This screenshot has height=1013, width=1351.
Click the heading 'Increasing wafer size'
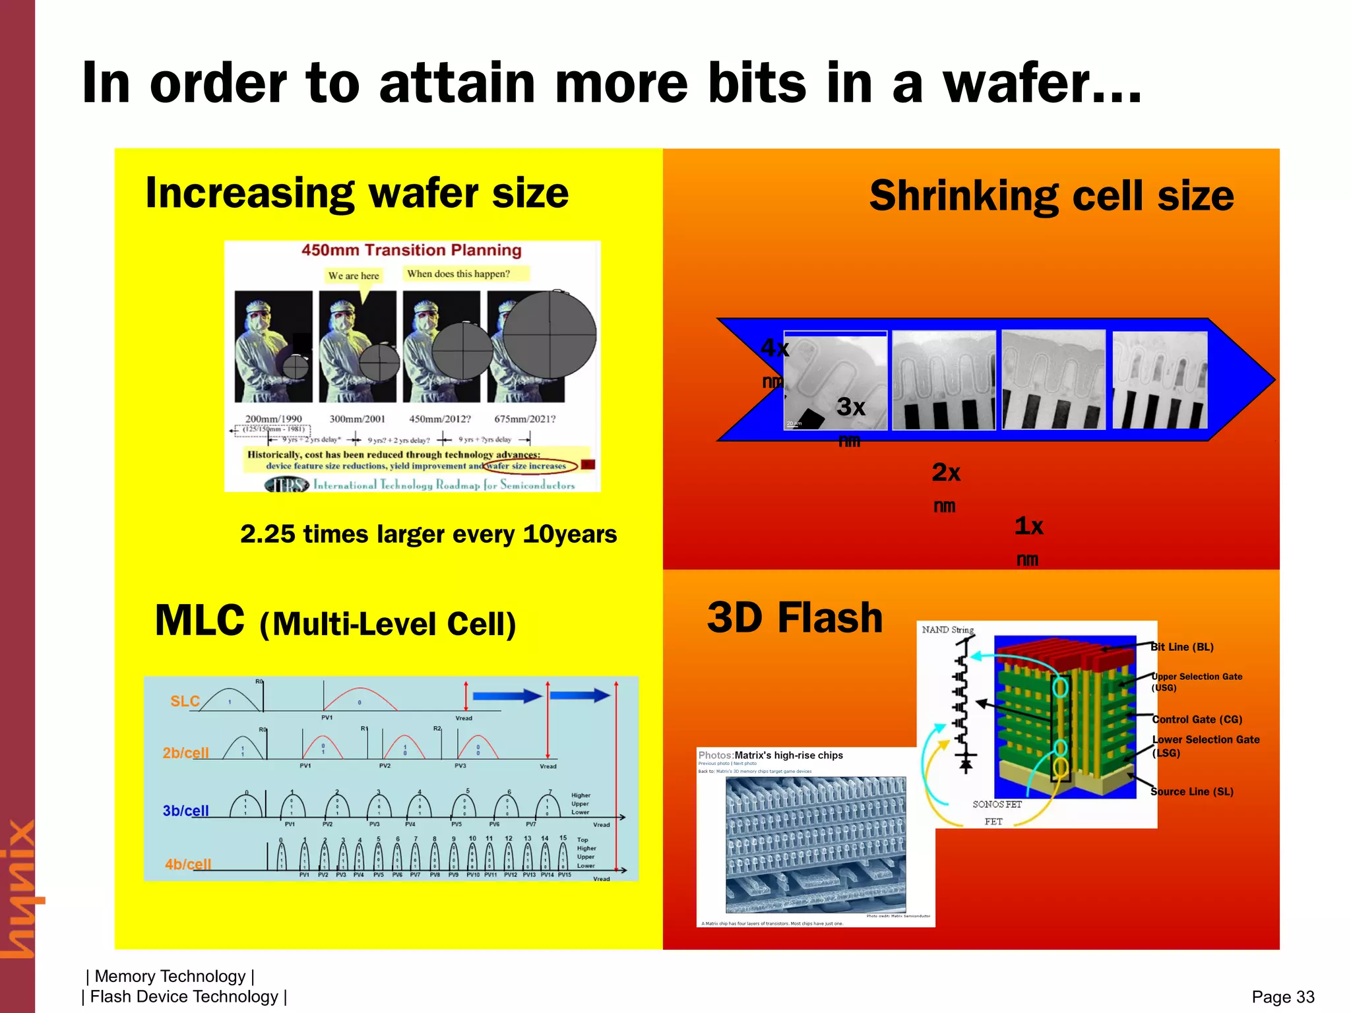click(356, 193)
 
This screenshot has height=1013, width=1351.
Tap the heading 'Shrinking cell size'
click(1051, 197)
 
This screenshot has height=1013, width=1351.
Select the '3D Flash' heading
click(794, 618)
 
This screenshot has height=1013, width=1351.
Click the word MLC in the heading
click(199, 621)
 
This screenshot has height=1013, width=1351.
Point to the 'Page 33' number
click(1282, 997)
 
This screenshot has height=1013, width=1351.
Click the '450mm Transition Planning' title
click(411, 250)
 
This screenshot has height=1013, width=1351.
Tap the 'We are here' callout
click(354, 276)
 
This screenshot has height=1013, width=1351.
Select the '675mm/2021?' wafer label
click(524, 419)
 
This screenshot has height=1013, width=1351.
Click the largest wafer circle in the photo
click(550, 334)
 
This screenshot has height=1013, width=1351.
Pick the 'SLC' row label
click(185, 701)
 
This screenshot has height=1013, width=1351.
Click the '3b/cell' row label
click(185, 811)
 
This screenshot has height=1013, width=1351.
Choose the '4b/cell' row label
click(188, 864)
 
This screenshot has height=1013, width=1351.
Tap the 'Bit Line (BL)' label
click(1181, 647)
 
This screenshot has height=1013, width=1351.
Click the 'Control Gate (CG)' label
click(1197, 720)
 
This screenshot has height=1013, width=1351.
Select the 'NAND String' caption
click(947, 630)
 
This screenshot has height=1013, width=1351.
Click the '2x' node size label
click(945, 473)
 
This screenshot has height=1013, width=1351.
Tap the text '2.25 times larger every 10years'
click(428, 534)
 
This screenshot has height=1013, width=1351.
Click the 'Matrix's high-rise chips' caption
click(788, 755)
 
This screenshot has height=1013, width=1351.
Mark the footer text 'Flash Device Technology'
click(184, 997)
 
